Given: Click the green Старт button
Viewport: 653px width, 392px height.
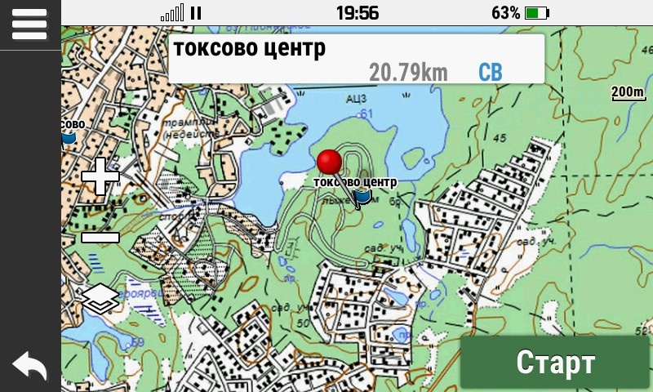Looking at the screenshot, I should (x=556, y=363).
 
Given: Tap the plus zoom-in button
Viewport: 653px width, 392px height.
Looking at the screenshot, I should (x=100, y=176).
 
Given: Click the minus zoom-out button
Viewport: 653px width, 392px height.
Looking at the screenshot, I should (x=100, y=238).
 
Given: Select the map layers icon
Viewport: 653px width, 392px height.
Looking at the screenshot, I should (x=100, y=299).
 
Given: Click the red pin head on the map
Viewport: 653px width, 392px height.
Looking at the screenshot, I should (x=330, y=162).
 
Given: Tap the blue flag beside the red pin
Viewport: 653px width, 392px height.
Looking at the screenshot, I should (x=363, y=196).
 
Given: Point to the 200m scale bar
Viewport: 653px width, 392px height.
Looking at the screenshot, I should (x=628, y=92).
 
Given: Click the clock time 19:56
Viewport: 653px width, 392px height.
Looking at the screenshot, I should (x=357, y=12).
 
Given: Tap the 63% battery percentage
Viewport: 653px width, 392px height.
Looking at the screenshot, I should (x=505, y=12).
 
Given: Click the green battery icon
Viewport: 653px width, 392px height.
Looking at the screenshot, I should (x=538, y=12).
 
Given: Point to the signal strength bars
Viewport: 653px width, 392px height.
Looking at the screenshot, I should (x=172, y=13).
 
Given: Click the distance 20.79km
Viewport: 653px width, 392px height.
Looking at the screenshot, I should (x=408, y=72).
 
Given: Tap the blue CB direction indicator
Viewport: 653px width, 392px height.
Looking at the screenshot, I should (x=490, y=72).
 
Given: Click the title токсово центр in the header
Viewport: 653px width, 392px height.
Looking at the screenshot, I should (x=249, y=47).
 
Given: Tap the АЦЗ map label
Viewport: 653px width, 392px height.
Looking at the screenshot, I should (x=356, y=100).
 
